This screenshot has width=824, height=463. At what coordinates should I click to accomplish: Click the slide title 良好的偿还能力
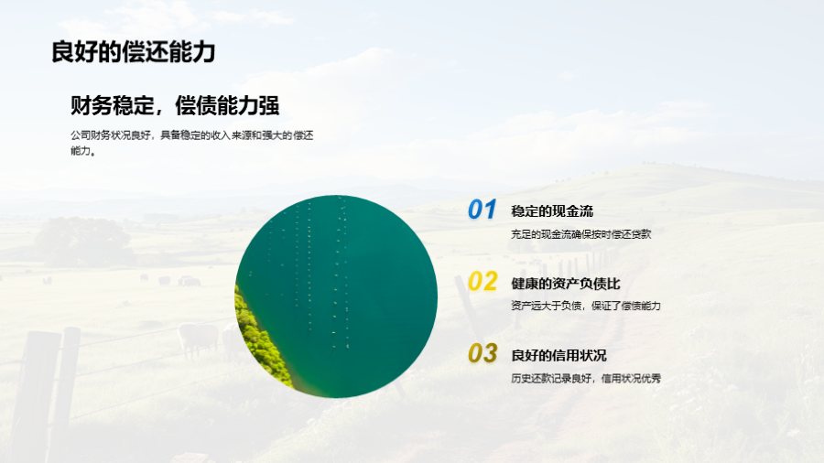point(134,52)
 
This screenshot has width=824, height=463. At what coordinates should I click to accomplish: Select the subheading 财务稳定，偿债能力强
point(175,105)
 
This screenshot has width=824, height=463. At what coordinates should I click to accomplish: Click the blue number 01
point(482,209)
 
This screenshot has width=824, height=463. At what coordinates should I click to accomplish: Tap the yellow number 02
point(482,282)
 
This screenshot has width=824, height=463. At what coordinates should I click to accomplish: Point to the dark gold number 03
point(482,353)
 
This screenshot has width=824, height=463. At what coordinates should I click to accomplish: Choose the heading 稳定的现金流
point(552,211)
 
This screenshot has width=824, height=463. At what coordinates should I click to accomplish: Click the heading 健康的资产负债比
point(566,284)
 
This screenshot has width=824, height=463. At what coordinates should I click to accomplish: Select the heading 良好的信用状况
point(558,356)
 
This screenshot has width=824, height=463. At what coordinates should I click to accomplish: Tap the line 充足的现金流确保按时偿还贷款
point(580,234)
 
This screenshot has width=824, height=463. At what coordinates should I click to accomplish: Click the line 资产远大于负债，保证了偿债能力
point(585,306)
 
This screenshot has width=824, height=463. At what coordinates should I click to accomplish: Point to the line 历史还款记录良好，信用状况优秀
point(585,379)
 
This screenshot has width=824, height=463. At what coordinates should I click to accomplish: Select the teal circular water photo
point(336,296)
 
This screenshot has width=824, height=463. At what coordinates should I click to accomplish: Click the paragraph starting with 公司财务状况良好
point(192,143)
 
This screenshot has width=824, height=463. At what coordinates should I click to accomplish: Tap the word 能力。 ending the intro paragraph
point(83,151)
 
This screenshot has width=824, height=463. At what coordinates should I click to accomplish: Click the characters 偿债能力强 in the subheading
point(227,105)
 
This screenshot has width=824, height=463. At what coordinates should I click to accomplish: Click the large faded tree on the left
point(84,241)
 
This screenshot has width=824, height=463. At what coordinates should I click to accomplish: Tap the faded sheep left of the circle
point(199,339)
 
